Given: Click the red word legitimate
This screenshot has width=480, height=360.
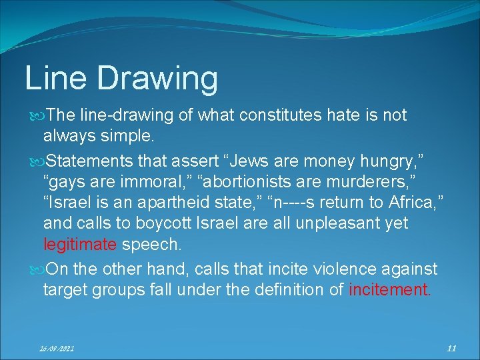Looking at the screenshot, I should coord(79,245).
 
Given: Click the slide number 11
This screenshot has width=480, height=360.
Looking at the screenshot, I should coord(451,347).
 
